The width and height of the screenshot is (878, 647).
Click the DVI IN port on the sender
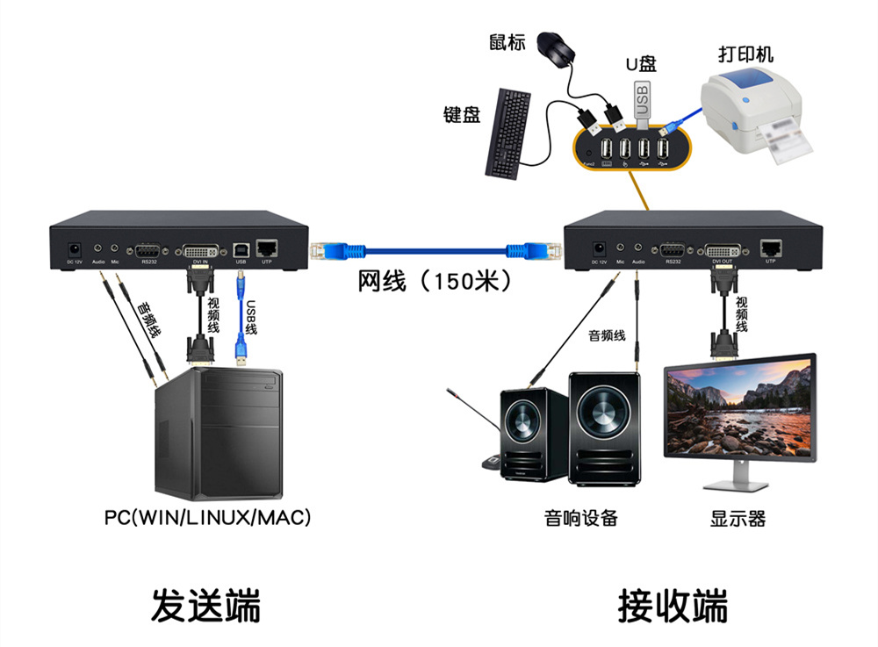point(200,249)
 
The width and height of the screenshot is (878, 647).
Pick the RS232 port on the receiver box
point(673,249)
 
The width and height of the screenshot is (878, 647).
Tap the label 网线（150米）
point(435,283)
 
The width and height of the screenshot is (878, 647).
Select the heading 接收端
point(673,606)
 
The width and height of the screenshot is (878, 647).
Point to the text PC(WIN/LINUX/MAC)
point(208,517)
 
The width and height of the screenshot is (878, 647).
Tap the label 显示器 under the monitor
point(738,518)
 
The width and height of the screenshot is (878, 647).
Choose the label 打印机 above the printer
point(745,54)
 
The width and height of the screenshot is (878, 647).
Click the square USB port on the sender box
point(241,249)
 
